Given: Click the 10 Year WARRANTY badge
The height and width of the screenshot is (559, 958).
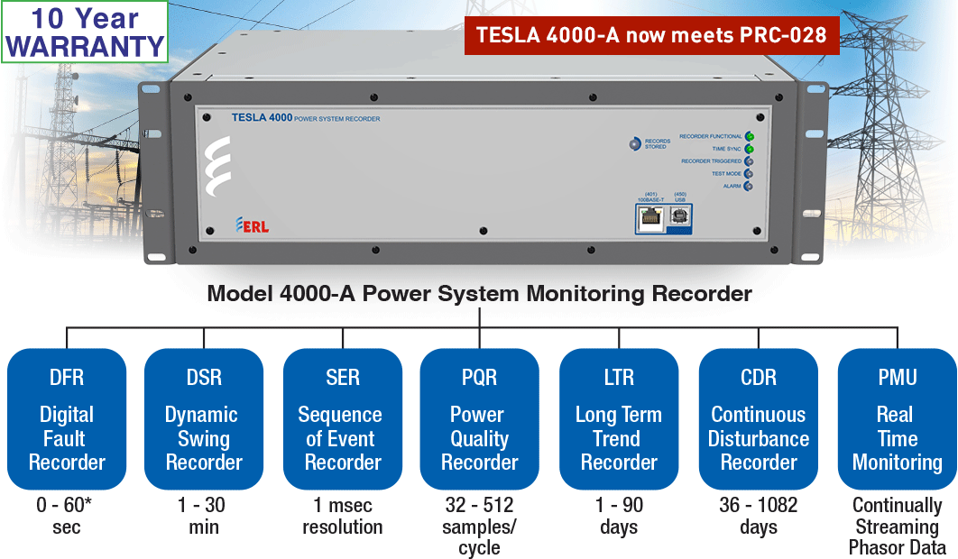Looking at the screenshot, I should click(x=85, y=32).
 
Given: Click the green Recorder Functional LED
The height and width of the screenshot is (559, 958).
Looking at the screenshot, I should click(x=749, y=136).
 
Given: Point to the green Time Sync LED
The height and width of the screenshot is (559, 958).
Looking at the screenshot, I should click(x=749, y=149).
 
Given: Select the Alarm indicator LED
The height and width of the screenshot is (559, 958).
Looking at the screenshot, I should click(x=749, y=187).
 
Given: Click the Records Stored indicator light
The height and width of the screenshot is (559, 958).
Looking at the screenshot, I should click(x=635, y=143).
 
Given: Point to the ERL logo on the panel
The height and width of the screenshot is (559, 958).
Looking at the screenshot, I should click(x=252, y=225).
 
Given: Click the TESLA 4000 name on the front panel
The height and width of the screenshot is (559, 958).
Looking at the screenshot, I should click(x=262, y=117).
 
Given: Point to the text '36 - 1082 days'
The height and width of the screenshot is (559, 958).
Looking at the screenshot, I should click(x=759, y=516).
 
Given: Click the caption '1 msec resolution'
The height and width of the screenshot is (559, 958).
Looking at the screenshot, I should click(x=343, y=516).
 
